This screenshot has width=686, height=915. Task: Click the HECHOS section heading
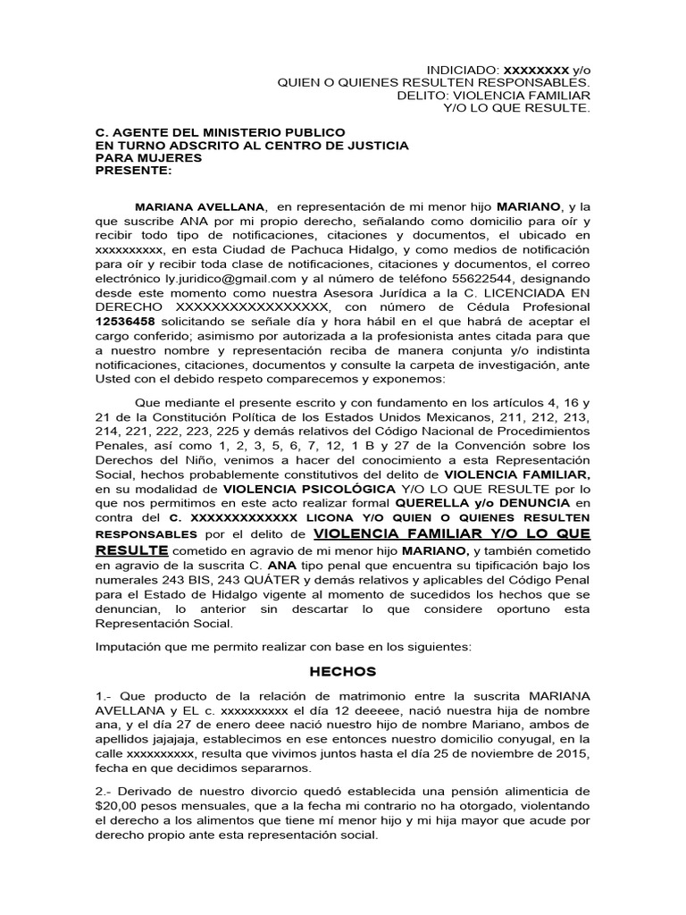342,672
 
